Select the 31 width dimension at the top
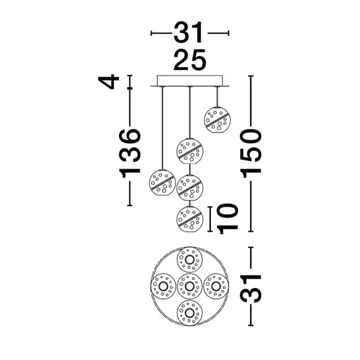click(189, 32)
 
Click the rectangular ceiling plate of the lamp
click(189, 80)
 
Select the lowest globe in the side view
click(189, 219)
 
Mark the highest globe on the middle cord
click(189, 152)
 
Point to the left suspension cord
click(162, 126)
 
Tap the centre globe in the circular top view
click(189, 286)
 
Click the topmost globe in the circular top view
click(189, 260)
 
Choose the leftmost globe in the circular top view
click(162, 286)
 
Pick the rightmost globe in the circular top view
click(217, 286)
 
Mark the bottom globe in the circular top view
click(189, 312)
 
